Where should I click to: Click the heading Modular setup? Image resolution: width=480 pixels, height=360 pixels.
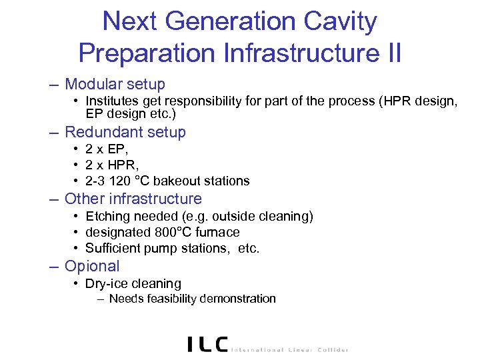click(115, 85)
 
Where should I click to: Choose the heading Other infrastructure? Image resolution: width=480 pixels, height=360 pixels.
click(133, 199)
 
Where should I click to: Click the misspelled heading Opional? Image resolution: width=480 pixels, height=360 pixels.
click(91, 266)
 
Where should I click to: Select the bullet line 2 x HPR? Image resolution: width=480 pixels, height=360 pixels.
click(114, 165)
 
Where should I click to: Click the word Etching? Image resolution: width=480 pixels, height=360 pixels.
click(109, 216)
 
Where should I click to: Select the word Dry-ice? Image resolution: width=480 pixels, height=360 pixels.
click(107, 283)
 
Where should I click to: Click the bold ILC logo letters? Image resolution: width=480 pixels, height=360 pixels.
click(207, 344)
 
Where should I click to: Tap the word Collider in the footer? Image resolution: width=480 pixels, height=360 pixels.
click(331, 349)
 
